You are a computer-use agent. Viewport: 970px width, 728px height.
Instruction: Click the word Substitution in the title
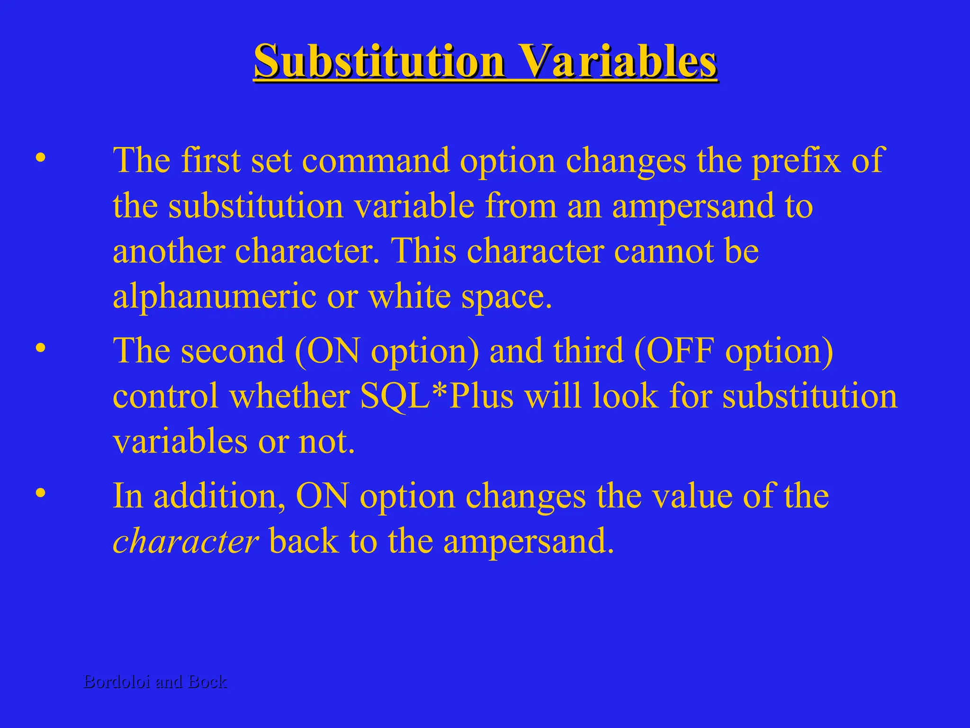coord(379,62)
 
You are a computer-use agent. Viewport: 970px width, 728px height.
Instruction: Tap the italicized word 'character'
coord(185,541)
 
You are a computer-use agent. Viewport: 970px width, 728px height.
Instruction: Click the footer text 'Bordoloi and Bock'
coord(155,682)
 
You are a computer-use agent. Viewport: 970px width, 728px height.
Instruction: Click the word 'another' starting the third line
coord(168,252)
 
